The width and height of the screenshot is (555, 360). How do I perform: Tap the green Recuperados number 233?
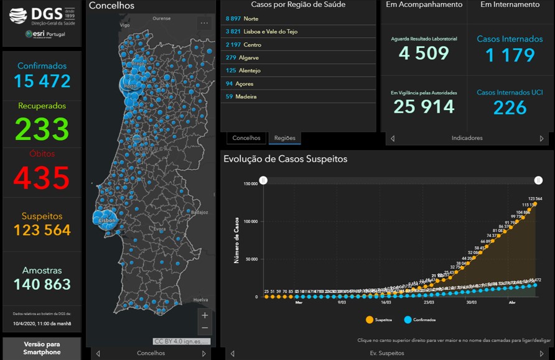click(x=42, y=129)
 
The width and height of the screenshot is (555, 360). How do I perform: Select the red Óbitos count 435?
click(x=42, y=178)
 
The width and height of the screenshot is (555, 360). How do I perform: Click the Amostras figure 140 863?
click(x=42, y=284)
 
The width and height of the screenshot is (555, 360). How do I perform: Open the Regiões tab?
click(x=284, y=138)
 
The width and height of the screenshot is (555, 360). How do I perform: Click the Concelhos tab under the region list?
click(x=246, y=138)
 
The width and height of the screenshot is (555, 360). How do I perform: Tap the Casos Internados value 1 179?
click(x=510, y=55)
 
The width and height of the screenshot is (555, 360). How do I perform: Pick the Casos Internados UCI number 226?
click(x=510, y=108)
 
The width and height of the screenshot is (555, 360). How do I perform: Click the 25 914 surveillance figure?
click(x=424, y=106)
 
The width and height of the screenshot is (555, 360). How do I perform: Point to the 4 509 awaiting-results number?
click(x=424, y=53)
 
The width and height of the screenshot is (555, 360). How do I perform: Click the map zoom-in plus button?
click(x=205, y=315)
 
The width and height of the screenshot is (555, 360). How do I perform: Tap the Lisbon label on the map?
click(x=108, y=220)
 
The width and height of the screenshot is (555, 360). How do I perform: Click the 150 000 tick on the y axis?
click(x=250, y=183)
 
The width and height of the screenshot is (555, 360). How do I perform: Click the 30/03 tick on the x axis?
click(x=473, y=303)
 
